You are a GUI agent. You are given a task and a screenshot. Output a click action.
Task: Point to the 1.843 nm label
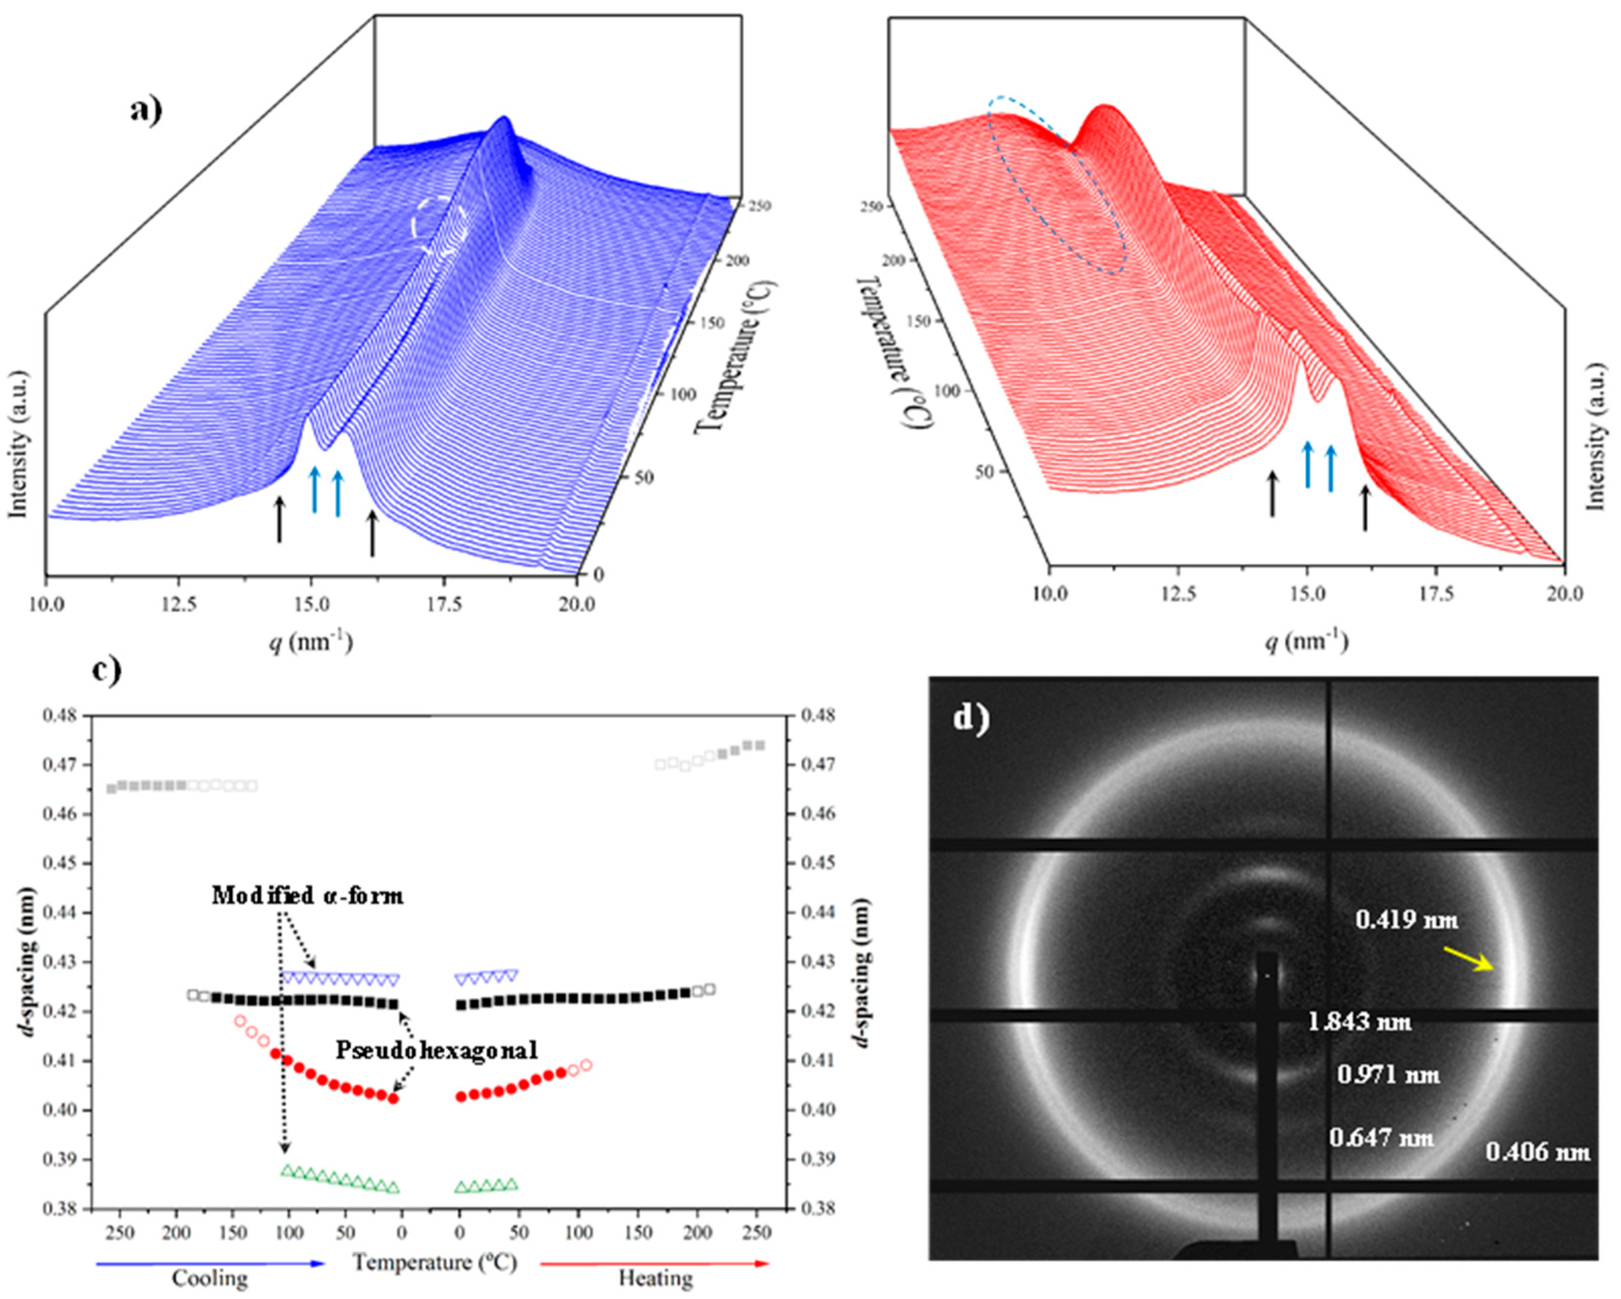1359,1022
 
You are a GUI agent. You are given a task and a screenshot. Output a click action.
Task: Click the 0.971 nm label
1388,1075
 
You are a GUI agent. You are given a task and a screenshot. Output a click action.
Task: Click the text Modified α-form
307,895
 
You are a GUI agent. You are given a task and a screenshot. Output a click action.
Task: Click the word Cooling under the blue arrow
210,1278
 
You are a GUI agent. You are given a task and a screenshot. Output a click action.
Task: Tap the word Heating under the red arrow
656,1278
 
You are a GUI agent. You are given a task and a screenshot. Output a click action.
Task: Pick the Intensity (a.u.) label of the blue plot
17,444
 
